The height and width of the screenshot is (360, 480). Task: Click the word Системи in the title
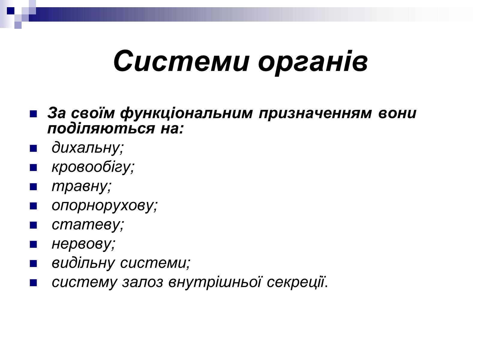[x=181, y=61]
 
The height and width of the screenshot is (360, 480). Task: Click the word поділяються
[x=101, y=128]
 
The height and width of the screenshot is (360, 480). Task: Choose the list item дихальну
[x=88, y=148]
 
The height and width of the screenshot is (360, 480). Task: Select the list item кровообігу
[x=93, y=167]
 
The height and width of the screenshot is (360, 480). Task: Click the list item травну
[x=82, y=187]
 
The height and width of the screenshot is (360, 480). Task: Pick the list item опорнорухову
[x=104, y=206]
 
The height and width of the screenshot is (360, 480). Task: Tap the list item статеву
[x=88, y=225]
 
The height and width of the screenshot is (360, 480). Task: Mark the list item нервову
[x=83, y=244]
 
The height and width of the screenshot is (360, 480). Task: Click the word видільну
[x=83, y=263]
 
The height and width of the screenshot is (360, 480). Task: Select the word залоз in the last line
[x=142, y=282]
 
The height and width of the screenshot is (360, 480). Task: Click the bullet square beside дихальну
[x=33, y=148]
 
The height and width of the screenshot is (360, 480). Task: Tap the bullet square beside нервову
[x=33, y=244]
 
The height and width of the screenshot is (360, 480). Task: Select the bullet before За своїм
[x=33, y=114]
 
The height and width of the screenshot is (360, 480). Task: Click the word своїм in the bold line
[x=93, y=113]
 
